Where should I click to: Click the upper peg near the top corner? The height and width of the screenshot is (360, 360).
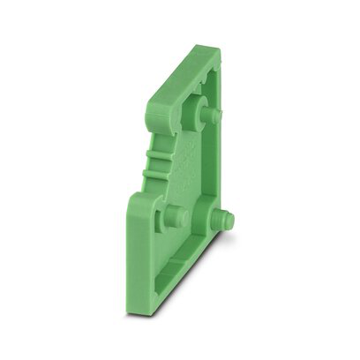click(213, 116)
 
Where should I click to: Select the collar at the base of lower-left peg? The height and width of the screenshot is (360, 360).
click(164, 218)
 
